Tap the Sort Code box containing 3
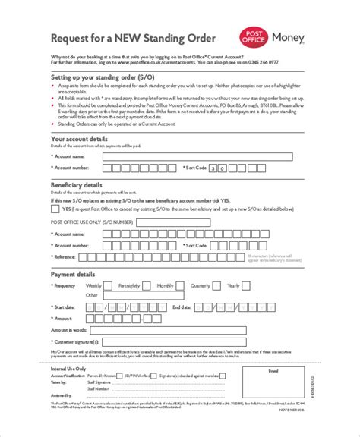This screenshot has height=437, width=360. (214, 168)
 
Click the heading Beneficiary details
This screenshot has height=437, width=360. (76, 184)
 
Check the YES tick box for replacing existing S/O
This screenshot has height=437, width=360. (55, 207)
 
